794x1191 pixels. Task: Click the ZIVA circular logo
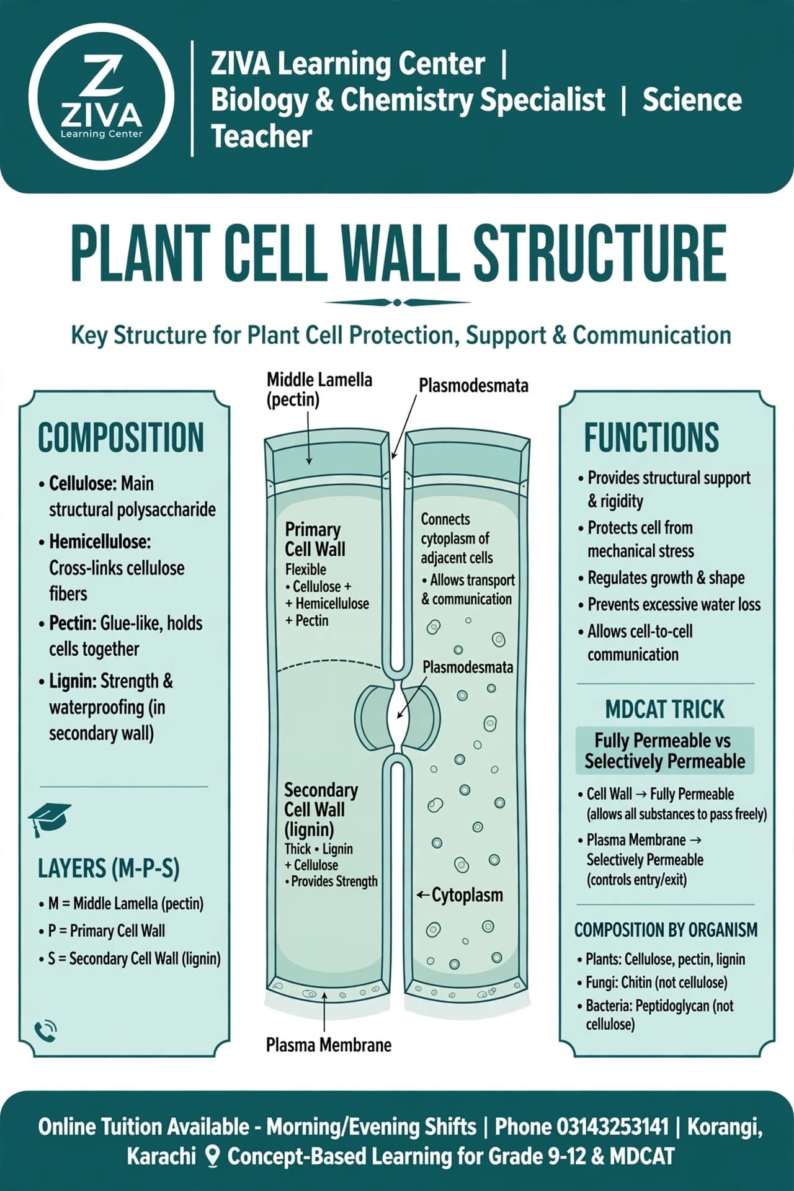coord(100,98)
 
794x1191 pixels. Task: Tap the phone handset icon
coord(46,1031)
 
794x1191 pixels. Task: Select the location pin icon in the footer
coord(213,1156)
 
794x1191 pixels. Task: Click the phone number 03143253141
coord(613,1126)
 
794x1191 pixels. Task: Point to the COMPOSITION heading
coord(121,437)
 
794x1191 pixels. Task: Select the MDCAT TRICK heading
coord(665,709)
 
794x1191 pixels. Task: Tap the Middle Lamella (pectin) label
coord(319,390)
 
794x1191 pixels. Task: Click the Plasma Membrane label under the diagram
coord(329,1045)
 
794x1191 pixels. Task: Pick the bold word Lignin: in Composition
coord(73,681)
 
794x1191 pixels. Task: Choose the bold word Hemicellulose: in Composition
coord(100,542)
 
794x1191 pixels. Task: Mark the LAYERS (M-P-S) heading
coord(109,869)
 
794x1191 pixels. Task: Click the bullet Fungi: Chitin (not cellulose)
coord(657,983)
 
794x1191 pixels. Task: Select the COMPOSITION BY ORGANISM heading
coord(666,930)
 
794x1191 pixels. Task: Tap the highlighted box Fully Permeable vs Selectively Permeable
coord(665,751)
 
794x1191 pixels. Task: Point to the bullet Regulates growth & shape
coord(666,578)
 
